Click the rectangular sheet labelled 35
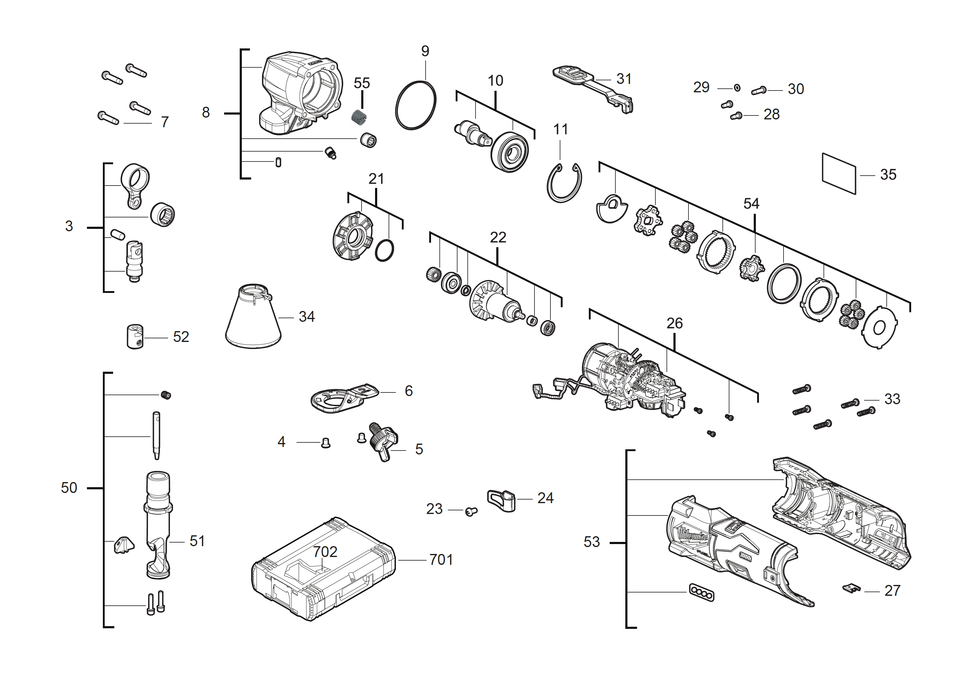click(839, 174)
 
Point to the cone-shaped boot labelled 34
click(253, 318)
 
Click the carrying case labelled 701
click(323, 568)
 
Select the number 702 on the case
click(325, 552)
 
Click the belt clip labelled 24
click(502, 500)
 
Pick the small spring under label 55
click(359, 117)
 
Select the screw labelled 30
click(759, 90)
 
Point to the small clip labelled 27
click(852, 588)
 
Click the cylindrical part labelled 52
click(135, 337)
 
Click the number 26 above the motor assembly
click(674, 323)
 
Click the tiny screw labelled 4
click(325, 443)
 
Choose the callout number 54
click(751, 204)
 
